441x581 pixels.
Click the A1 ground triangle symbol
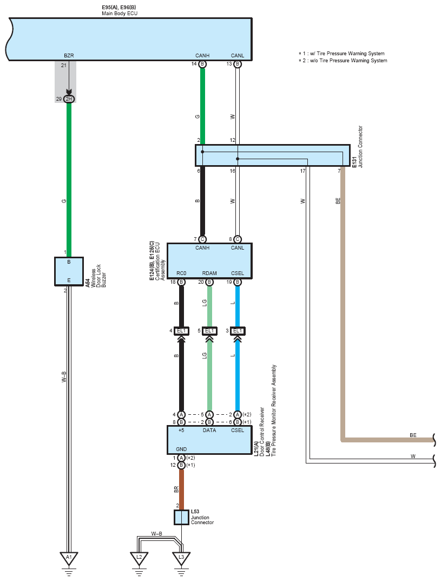coord(69,558)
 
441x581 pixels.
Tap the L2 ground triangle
coord(139,558)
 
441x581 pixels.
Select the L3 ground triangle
coord(181,558)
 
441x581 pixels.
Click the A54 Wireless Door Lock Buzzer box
coord(69,272)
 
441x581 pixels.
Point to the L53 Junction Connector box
coord(181,517)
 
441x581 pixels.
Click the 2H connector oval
coord(69,99)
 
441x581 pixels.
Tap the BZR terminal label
coord(69,56)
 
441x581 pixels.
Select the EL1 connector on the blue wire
coord(238,331)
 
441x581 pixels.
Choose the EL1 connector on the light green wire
coord(209,331)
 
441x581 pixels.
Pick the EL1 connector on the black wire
coord(181,331)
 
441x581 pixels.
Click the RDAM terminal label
coord(209,273)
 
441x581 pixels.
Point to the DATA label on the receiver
coord(209,430)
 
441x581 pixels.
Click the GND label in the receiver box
coord(181,449)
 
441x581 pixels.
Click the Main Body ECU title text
coord(120,14)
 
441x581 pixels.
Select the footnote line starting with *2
coord(343,61)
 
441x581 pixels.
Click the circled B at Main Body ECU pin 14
coord(202,64)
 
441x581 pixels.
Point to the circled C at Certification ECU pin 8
coord(238,239)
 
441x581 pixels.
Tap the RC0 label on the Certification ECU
coord(181,273)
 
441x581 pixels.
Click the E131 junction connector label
coord(354,162)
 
